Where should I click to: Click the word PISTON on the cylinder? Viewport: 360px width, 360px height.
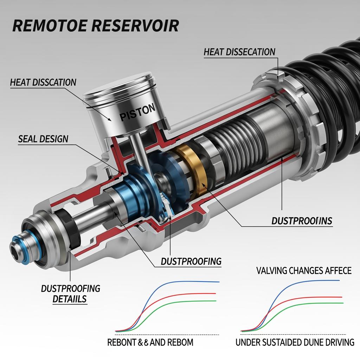point(137,113)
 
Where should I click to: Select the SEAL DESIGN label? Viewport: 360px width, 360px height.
point(43,139)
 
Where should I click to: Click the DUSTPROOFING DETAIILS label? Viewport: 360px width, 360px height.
point(71,294)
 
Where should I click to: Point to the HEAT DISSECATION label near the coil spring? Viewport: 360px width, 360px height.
point(239,52)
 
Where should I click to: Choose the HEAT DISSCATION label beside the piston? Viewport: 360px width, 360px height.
point(43,83)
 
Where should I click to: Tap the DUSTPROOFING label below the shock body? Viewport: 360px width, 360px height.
point(191,261)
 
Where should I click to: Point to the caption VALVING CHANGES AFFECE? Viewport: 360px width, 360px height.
point(304,270)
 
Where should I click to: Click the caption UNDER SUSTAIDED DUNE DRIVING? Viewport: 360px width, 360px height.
point(295,342)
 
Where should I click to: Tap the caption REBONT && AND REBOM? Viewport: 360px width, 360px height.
point(150,342)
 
